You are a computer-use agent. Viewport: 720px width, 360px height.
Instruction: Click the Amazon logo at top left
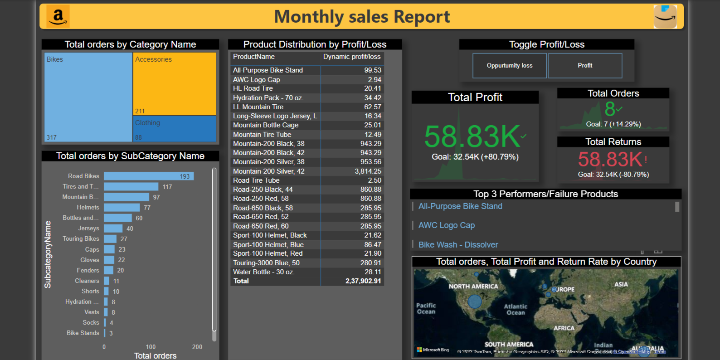[58, 17]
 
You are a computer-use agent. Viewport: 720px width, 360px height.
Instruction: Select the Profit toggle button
[584, 66]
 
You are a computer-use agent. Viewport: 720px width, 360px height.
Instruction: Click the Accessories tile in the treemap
[175, 84]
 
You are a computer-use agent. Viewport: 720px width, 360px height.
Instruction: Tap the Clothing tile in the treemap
[175, 129]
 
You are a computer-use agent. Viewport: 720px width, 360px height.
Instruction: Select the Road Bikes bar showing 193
[149, 176]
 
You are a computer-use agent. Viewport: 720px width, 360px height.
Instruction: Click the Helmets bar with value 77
[122, 208]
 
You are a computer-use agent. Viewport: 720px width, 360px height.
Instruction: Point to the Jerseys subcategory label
[88, 229]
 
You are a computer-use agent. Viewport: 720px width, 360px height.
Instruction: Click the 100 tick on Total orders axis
[151, 347]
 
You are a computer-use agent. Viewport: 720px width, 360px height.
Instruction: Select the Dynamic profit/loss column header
[351, 57]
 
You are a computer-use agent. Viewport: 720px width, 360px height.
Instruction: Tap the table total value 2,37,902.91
[363, 281]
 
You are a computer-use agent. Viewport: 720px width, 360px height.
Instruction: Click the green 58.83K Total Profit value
[472, 136]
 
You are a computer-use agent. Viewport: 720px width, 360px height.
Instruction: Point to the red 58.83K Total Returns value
[610, 160]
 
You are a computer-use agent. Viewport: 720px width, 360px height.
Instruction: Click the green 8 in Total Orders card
[609, 109]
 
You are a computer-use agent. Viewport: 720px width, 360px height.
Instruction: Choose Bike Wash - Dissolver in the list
[458, 245]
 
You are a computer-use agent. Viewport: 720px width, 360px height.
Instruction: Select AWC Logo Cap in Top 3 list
[447, 225]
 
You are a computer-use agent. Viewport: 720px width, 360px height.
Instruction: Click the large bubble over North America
[475, 301]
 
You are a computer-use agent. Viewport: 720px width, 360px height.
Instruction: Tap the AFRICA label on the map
[564, 328]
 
